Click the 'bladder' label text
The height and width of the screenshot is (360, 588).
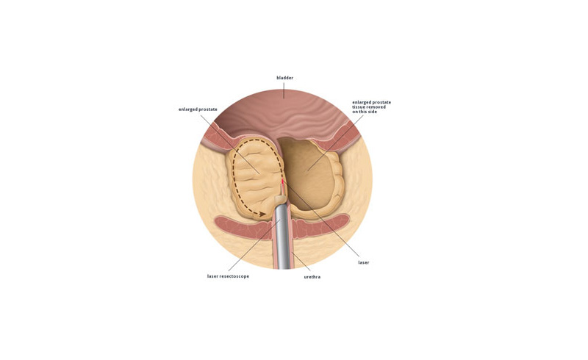[x=284, y=78]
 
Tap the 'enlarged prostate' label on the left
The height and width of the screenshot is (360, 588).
[x=198, y=109]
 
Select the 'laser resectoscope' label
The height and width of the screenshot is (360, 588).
[x=228, y=276]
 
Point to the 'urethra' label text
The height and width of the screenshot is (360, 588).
[x=312, y=277]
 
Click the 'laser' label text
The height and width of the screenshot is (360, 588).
[x=364, y=262]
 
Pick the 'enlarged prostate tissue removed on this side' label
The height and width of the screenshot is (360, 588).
[x=371, y=107]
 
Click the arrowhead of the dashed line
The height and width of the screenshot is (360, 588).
[x=262, y=214]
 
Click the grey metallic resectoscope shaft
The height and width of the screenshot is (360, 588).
[x=282, y=237]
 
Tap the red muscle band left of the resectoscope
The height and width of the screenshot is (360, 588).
[x=243, y=228]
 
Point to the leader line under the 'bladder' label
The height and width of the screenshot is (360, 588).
[x=284, y=90]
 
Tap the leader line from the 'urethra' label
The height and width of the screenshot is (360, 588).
[x=301, y=262]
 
